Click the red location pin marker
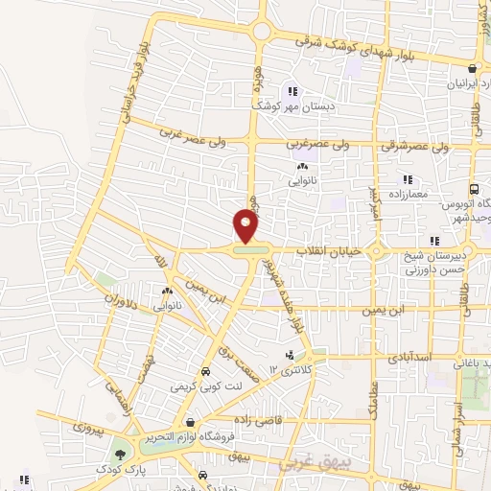coord(246,227)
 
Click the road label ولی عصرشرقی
coord(414,148)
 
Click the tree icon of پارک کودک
coord(121,455)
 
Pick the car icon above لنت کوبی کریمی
coord(204,372)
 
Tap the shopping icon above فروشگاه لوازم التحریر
coord(191,422)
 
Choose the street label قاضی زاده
coord(252,420)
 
